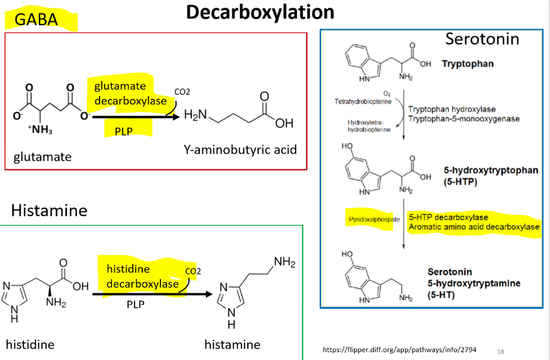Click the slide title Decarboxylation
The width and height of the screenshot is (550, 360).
(x=261, y=12)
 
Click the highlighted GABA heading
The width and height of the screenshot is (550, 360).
(x=37, y=20)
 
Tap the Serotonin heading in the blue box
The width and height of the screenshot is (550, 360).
(x=482, y=39)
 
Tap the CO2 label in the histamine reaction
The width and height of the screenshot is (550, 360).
(x=193, y=271)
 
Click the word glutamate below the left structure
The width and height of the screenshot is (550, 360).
(x=42, y=157)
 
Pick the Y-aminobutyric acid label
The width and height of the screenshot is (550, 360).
(x=240, y=150)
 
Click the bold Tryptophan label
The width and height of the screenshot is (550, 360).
(x=468, y=64)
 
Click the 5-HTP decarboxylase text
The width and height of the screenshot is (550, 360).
(x=449, y=217)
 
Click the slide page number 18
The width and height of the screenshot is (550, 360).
(x=501, y=351)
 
